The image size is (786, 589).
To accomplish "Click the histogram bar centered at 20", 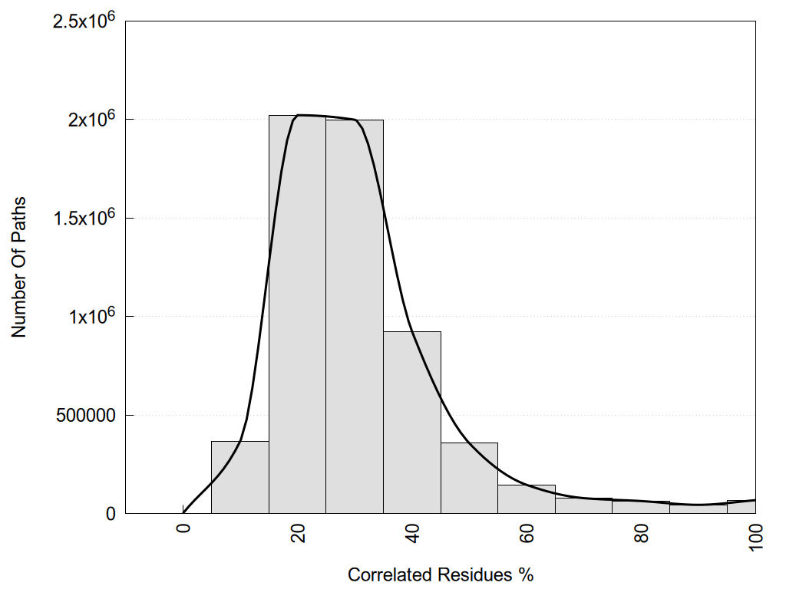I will [297, 314].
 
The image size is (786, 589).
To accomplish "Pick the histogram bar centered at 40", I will [412, 422].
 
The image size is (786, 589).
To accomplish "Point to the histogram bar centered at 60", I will [527, 499].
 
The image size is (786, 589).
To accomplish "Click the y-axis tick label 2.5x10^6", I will [84, 20].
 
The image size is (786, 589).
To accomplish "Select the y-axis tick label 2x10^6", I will [91, 119].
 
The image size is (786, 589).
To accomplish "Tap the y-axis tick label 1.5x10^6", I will [84, 217].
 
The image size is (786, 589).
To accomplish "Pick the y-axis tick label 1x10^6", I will [91, 315].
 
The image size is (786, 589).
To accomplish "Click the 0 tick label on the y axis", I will [110, 514].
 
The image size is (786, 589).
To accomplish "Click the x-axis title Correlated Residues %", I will [440, 574].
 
